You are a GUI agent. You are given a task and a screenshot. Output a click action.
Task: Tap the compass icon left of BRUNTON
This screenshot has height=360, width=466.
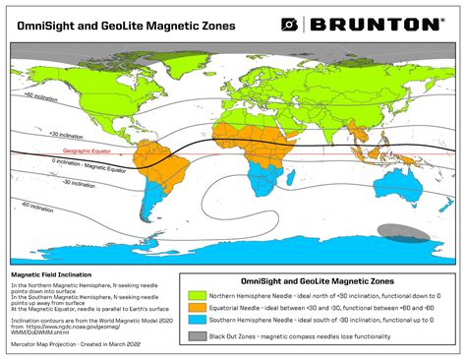pyautogui.click(x=289, y=24)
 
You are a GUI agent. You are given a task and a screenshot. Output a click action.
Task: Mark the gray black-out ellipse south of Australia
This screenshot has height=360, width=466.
pyautogui.click(x=404, y=232)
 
